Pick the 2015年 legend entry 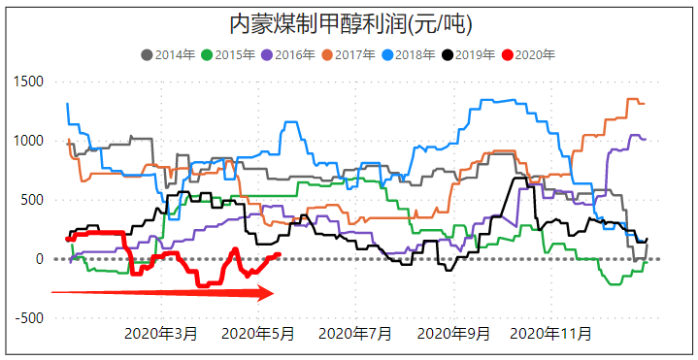click(230, 55)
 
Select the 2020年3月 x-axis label click(161, 334)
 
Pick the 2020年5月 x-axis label click(259, 334)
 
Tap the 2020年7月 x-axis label click(356, 334)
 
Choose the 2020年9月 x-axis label click(454, 334)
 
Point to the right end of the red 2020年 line click(279, 255)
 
